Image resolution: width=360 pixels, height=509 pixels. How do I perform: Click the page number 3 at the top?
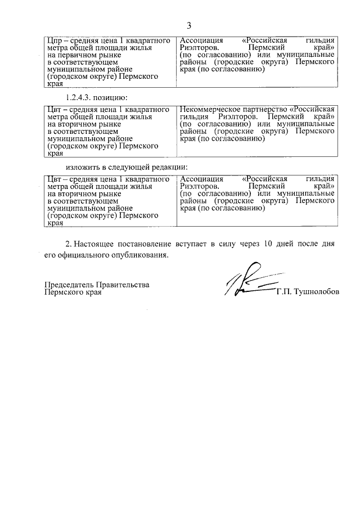(x=189, y=25)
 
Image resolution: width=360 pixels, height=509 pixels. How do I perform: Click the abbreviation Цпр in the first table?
(x=55, y=42)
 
